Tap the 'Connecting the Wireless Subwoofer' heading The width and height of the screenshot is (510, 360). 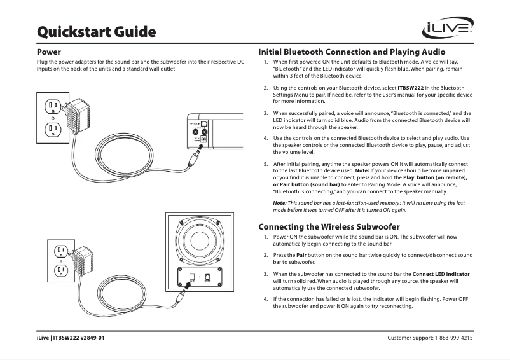tap(328, 226)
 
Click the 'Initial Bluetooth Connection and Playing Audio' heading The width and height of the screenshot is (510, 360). tap(351, 52)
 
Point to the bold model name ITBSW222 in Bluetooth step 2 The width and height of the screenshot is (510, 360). tap(410, 87)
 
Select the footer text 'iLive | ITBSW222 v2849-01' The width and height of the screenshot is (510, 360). tap(71, 337)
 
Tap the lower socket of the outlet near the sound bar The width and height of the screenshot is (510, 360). tap(52, 130)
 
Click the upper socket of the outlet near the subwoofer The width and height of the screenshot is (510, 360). tap(60, 250)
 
